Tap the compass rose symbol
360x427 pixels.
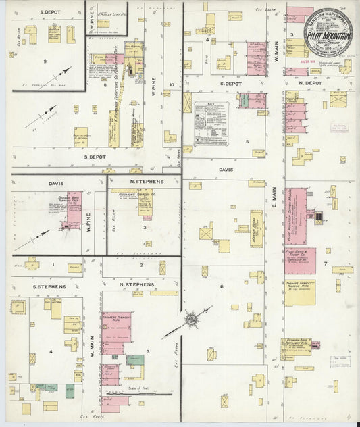click(191, 318)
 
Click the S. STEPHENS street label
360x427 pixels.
click(49, 286)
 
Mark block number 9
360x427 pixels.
click(45, 61)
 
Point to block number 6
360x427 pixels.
click(221, 286)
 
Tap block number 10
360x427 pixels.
click(172, 84)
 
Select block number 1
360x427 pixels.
click(53, 264)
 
